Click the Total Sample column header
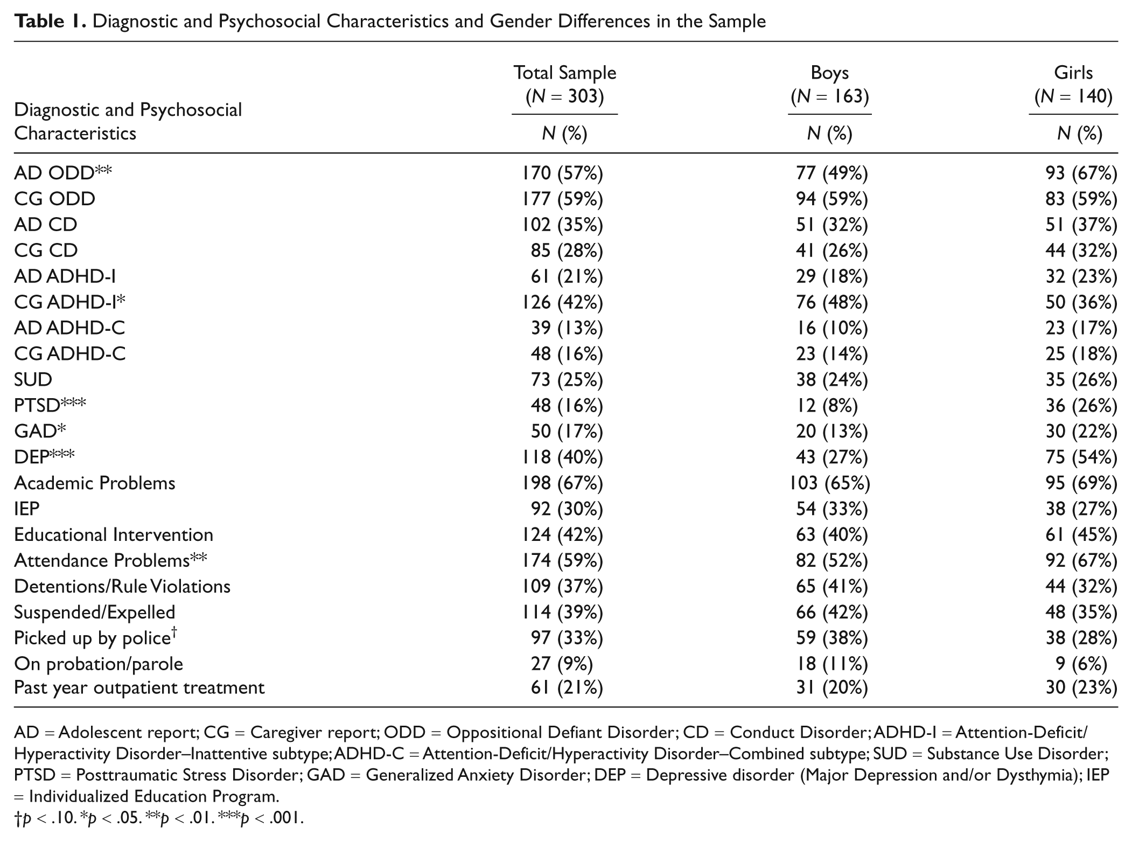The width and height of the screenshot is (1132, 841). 564,84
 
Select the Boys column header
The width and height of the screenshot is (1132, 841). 829,84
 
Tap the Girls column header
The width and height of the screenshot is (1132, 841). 1073,84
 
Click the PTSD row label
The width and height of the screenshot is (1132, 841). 50,405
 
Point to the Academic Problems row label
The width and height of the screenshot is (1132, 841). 95,483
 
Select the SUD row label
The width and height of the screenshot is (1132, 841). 33,379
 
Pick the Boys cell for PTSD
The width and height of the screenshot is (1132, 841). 827,405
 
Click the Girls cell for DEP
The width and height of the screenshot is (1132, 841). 1081,457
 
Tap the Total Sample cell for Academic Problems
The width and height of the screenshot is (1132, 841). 562,483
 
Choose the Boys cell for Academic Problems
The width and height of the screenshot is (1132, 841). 829,483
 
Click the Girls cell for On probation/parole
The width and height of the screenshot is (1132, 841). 1081,664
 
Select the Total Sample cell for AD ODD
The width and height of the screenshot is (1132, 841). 562,173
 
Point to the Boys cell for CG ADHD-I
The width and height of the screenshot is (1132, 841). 832,302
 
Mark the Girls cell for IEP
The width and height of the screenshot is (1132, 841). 1081,509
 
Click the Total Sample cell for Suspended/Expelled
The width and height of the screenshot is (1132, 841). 562,612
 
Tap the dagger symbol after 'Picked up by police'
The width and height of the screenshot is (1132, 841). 174,633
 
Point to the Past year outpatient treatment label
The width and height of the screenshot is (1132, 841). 139,688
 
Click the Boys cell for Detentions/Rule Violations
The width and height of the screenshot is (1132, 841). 832,586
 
